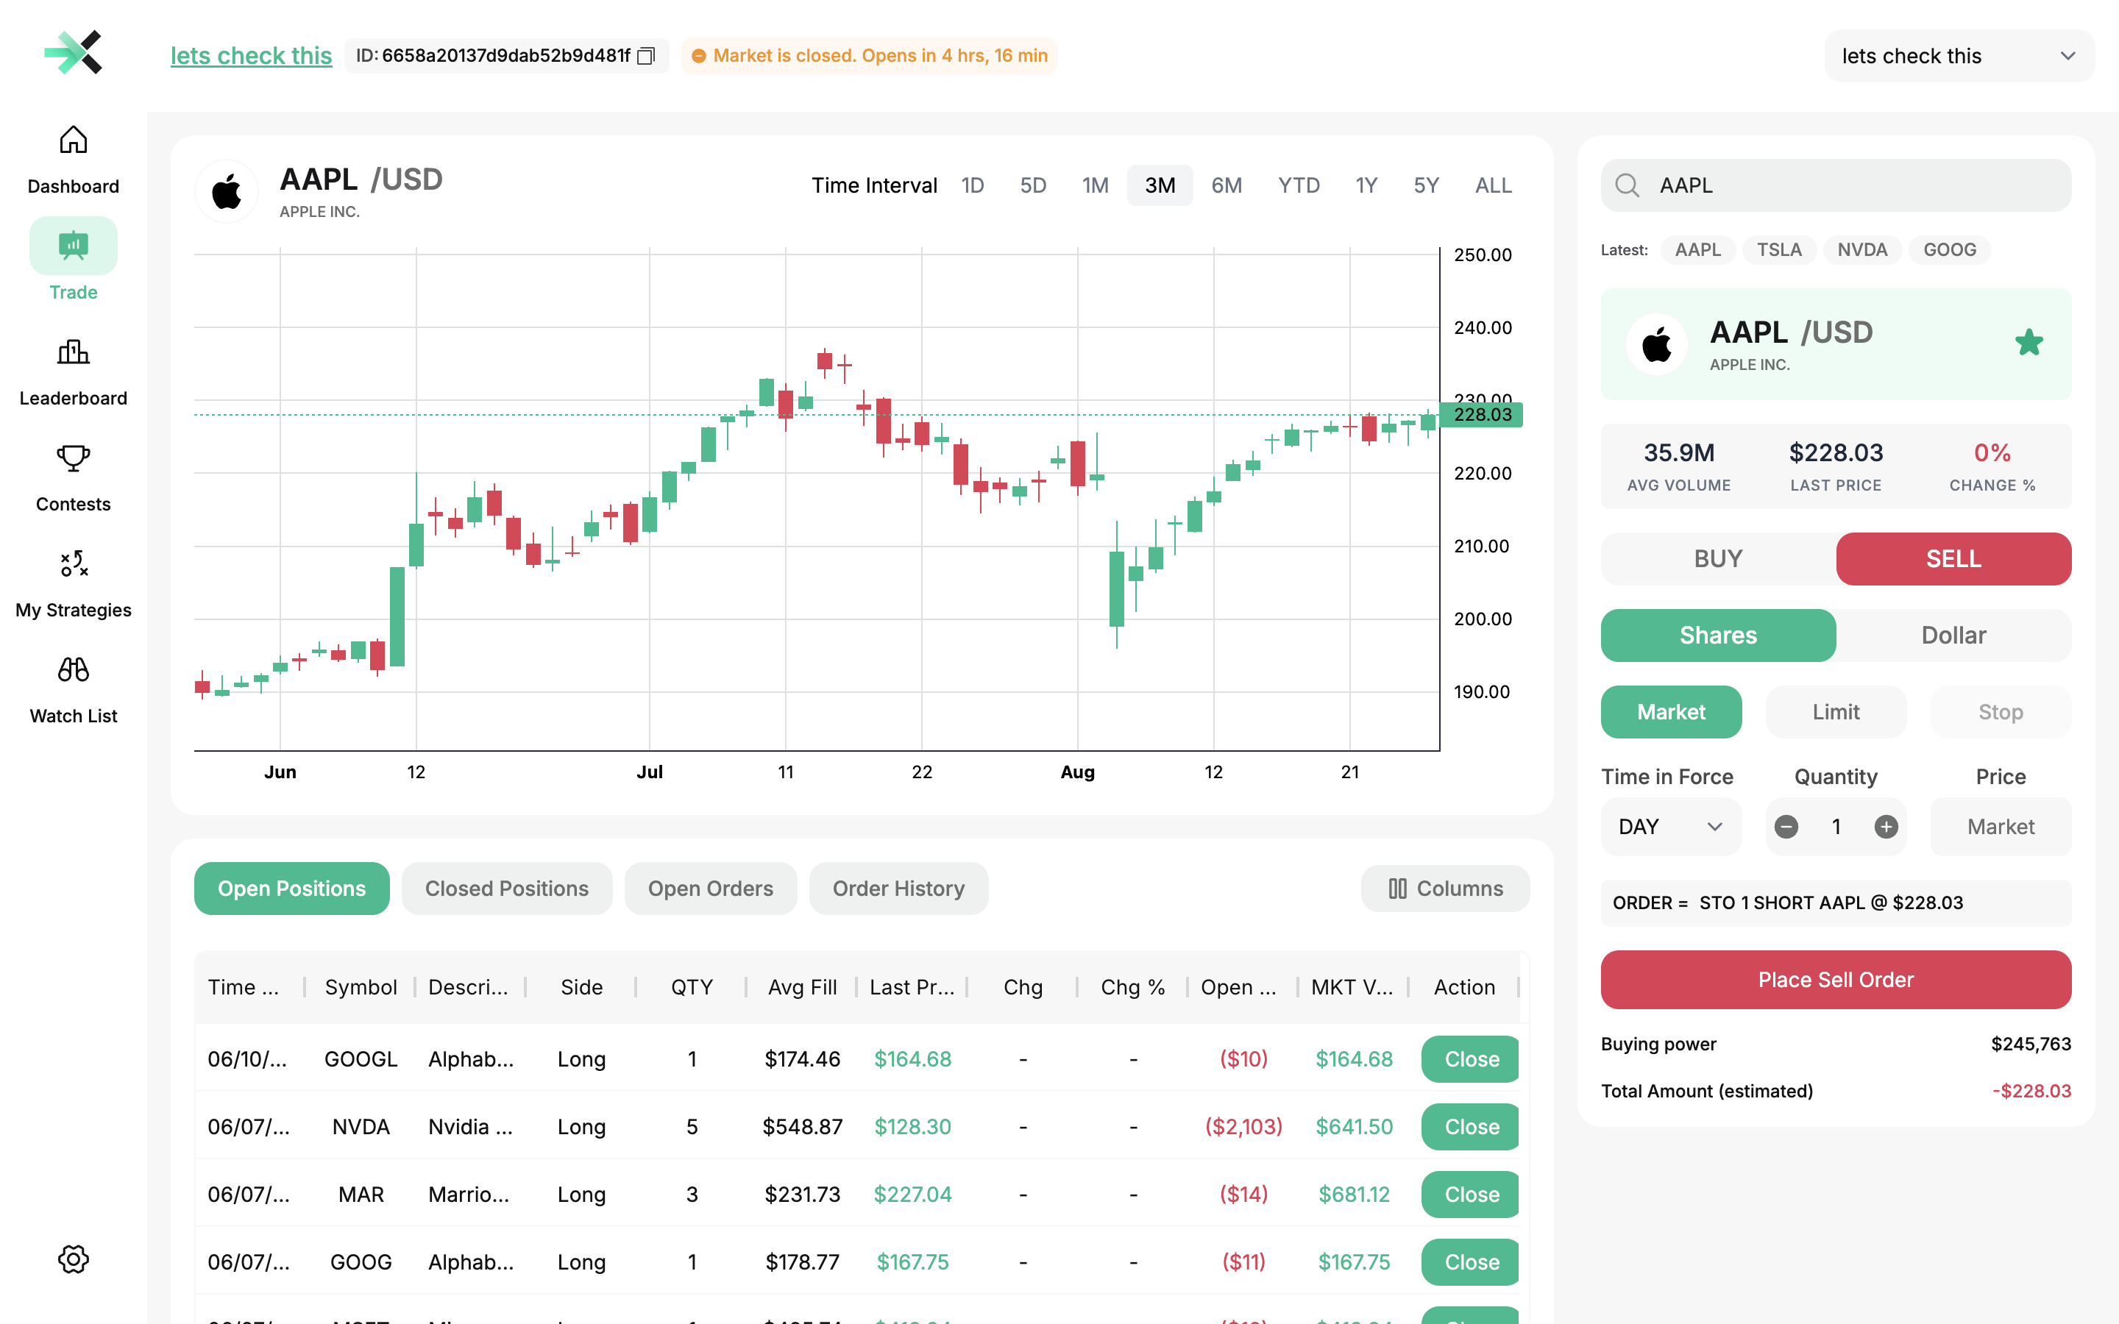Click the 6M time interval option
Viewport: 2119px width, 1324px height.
click(x=1226, y=185)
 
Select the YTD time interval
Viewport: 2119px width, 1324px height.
click(x=1298, y=185)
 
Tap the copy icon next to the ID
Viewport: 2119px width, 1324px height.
click(x=646, y=56)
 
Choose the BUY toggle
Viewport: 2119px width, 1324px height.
click(x=1718, y=559)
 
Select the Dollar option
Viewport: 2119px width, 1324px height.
click(x=1953, y=636)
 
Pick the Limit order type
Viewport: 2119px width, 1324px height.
click(x=1835, y=712)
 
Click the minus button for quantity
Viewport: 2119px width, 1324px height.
click(x=1786, y=827)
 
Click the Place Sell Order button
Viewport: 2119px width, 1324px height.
click(x=1835, y=980)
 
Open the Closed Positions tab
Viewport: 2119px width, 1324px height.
click(x=506, y=889)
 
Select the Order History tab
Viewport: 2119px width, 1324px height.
click(x=898, y=889)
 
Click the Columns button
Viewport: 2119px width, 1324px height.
click(x=1445, y=889)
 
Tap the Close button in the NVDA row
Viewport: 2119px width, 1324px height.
click(x=1471, y=1127)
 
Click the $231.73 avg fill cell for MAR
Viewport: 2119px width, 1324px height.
click(x=802, y=1195)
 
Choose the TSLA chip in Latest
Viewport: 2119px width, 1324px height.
click(x=1778, y=250)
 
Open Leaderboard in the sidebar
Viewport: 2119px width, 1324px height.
click(x=74, y=373)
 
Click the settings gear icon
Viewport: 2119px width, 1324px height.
click(x=74, y=1259)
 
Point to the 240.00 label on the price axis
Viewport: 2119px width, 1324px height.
click(x=1483, y=327)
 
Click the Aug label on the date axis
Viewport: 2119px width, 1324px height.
click(x=1077, y=772)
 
